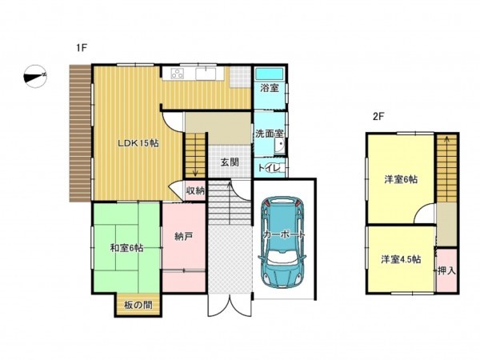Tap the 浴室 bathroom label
(270, 88)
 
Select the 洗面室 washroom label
(270, 134)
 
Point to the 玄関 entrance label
(229, 162)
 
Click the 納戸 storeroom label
(183, 236)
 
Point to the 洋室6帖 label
(399, 179)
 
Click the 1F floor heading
(81, 48)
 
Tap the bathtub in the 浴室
(270, 73)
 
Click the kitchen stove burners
(176, 74)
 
